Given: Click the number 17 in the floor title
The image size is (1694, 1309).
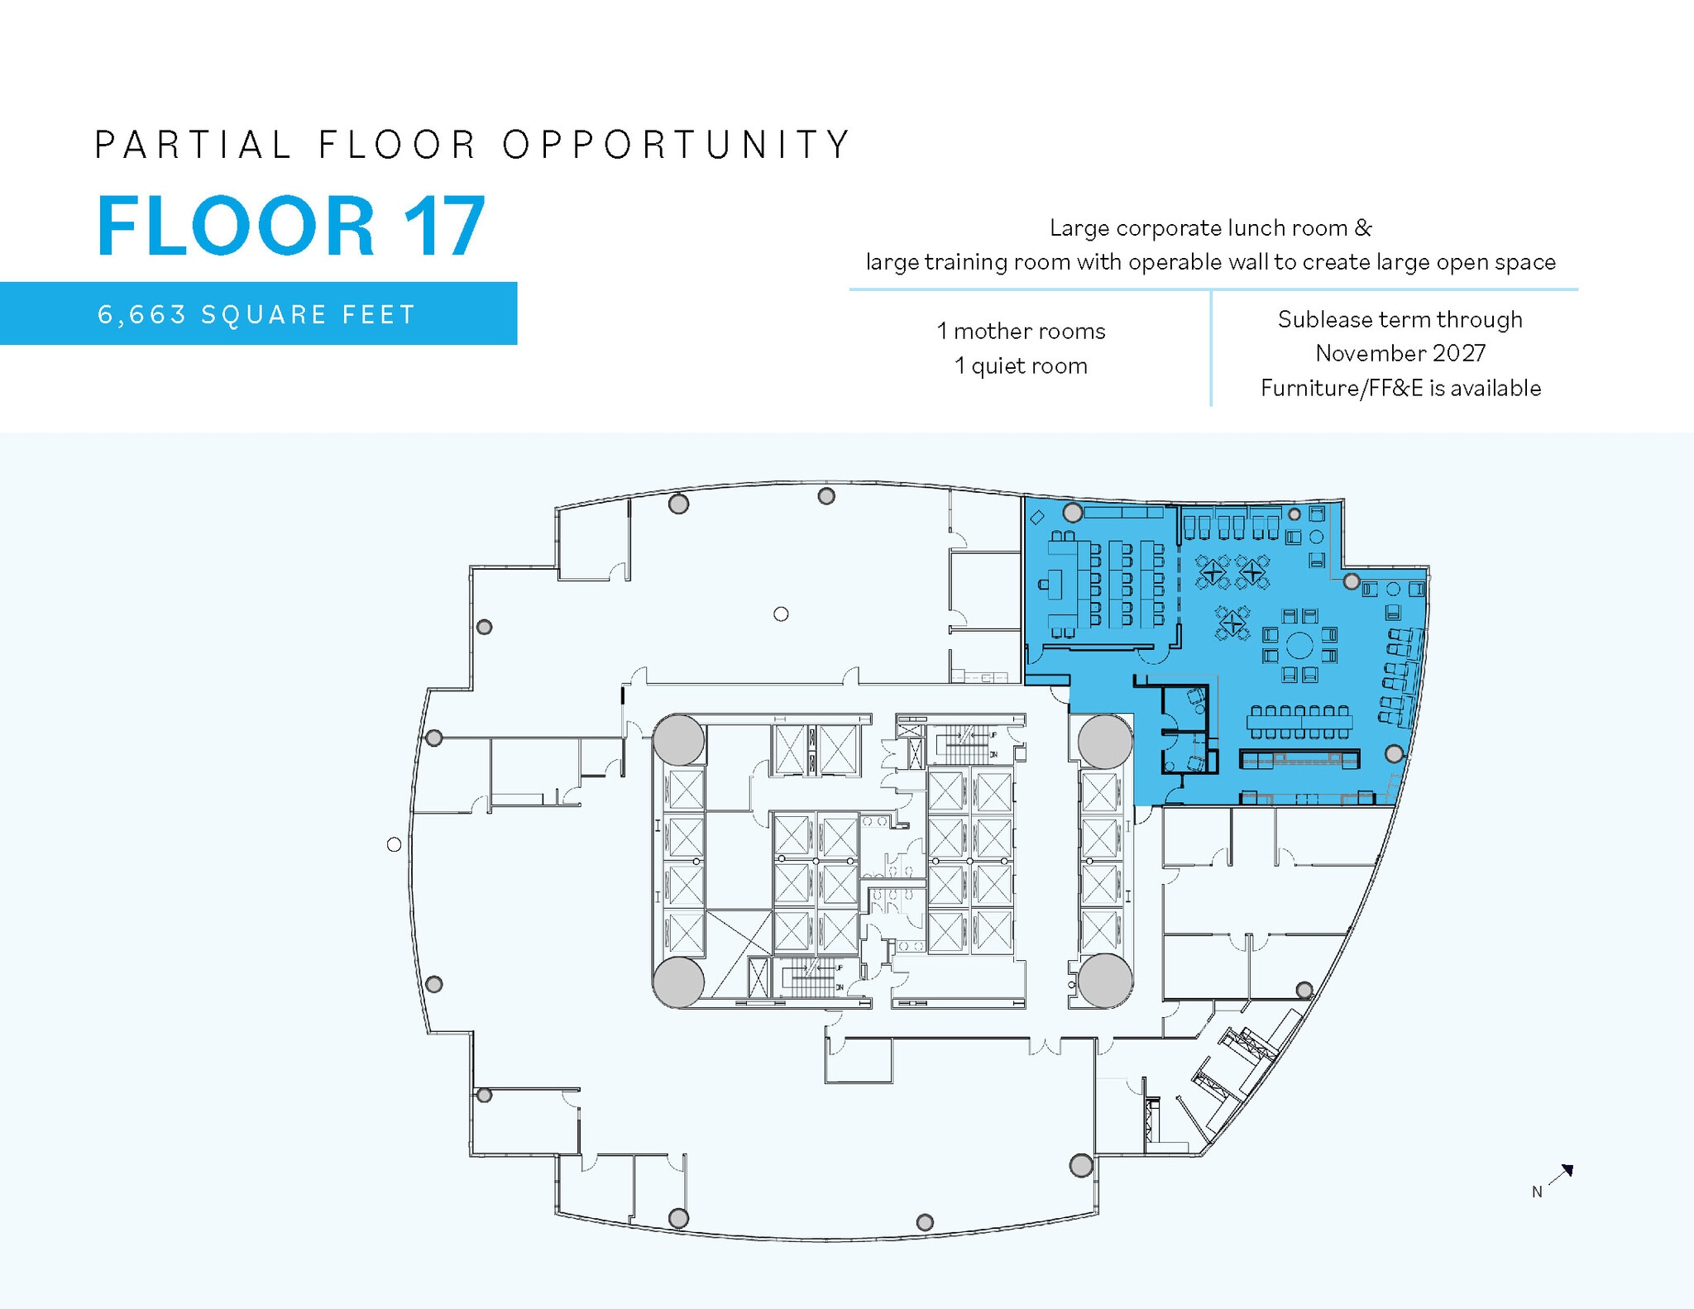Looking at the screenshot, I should coord(444,226).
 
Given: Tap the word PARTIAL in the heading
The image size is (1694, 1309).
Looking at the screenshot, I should coord(193,145).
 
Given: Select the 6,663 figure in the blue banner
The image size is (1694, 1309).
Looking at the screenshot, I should coord(141,315).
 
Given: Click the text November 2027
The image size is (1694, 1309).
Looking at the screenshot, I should coord(1400,354).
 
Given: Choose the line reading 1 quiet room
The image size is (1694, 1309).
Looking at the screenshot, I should coord(1021,366).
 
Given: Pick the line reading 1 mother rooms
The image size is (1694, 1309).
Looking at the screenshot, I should coord(1021,332).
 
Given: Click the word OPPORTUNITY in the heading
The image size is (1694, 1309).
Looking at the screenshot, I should coord(677,145).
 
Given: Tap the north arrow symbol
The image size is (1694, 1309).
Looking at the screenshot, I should coord(1561,1174).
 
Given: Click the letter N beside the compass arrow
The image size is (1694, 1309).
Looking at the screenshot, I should coord(1537,1192).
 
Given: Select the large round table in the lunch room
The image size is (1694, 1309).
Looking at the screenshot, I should coord(1299,645).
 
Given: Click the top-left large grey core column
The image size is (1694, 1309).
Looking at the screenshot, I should coord(678,740).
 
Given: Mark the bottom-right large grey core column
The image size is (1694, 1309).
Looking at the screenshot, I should coord(1105,981).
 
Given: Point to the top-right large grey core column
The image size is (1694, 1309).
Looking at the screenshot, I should coord(1105,742).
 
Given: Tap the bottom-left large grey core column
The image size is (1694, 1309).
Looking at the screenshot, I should coord(678,982).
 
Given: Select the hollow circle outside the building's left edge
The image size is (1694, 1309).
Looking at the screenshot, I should coord(395,844).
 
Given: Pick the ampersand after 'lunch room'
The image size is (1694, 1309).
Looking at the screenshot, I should coord(1363,228).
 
